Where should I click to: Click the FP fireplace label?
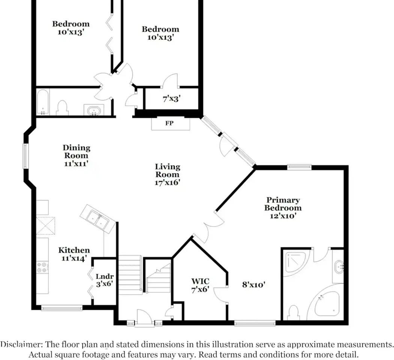[169, 123]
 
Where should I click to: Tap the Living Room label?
[168, 171]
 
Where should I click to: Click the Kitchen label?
[74, 250]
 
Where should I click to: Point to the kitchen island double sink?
[97, 219]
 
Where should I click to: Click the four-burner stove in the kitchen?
[42, 267]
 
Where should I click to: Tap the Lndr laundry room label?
[105, 276]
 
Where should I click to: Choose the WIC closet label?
[200, 281]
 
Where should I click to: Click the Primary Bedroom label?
[283, 204]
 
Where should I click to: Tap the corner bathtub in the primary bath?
[326, 303]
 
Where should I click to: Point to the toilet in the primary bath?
[294, 312]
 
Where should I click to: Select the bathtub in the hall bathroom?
[43, 102]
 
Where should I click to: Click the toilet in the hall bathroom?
[62, 108]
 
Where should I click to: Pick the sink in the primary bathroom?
[339, 267]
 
